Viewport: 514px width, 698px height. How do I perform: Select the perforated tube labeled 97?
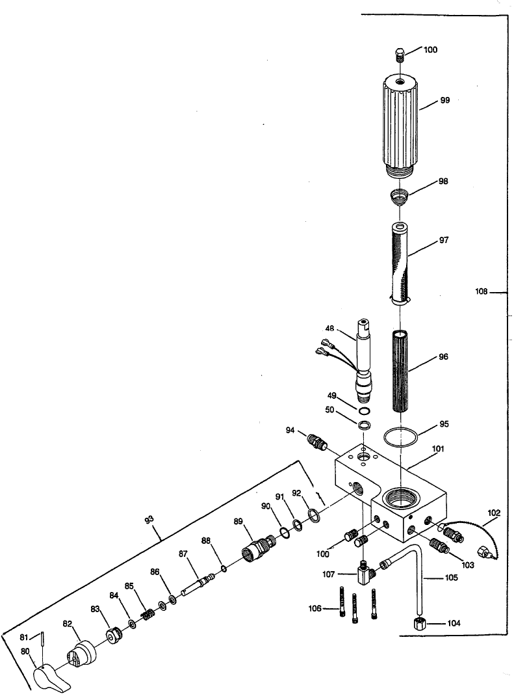pos(402,263)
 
